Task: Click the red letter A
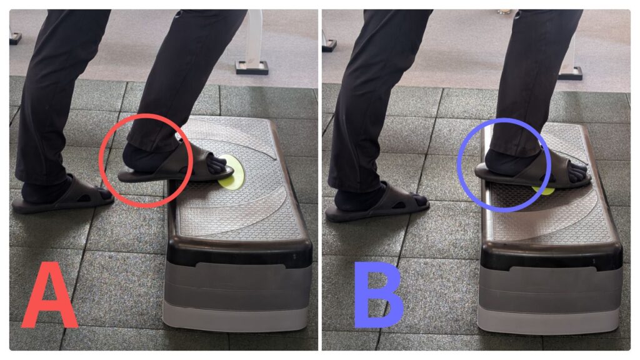(50, 296)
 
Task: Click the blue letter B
(378, 295)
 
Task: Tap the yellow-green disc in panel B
(544, 190)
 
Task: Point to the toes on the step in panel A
(216, 165)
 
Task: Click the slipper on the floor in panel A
(61, 196)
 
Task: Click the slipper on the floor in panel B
(376, 204)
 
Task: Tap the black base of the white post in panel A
(252, 67)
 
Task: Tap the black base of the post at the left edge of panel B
(329, 45)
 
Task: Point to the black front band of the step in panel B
(551, 256)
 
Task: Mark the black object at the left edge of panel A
(16, 38)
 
